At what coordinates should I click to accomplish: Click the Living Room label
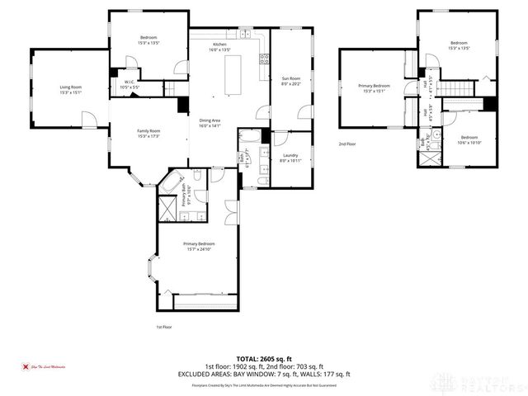[70, 87]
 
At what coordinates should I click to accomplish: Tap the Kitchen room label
[219, 44]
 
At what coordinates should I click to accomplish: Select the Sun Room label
[291, 78]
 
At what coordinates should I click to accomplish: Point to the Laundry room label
[290, 155]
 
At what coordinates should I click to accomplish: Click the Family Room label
[148, 130]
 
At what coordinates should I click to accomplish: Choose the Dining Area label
[210, 121]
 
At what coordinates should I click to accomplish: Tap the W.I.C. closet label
[130, 81]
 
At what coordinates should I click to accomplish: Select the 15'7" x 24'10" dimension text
[200, 249]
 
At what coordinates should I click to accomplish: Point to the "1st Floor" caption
[164, 328]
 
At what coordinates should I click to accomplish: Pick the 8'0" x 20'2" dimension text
[291, 83]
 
